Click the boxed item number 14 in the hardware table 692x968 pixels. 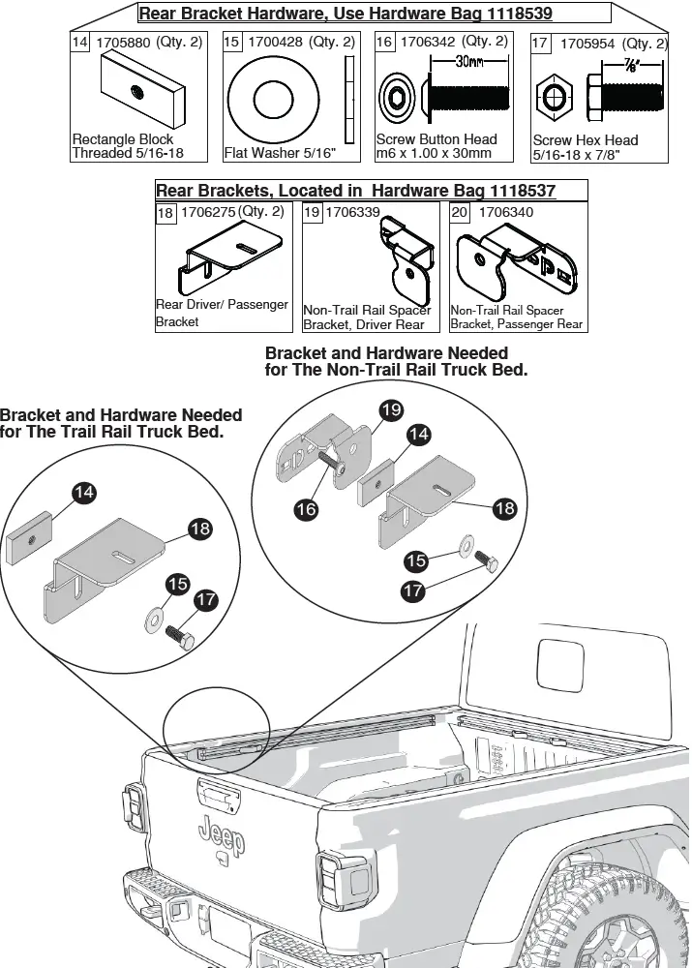81,44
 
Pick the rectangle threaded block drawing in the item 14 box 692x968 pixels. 140,89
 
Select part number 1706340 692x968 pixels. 506,212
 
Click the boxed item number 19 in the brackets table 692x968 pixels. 313,212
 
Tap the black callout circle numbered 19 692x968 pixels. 390,410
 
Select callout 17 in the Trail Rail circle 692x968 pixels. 206,600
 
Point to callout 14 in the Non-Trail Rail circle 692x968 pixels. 418,436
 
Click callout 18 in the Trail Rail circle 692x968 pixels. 200,529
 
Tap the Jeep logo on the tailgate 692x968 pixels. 222,835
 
